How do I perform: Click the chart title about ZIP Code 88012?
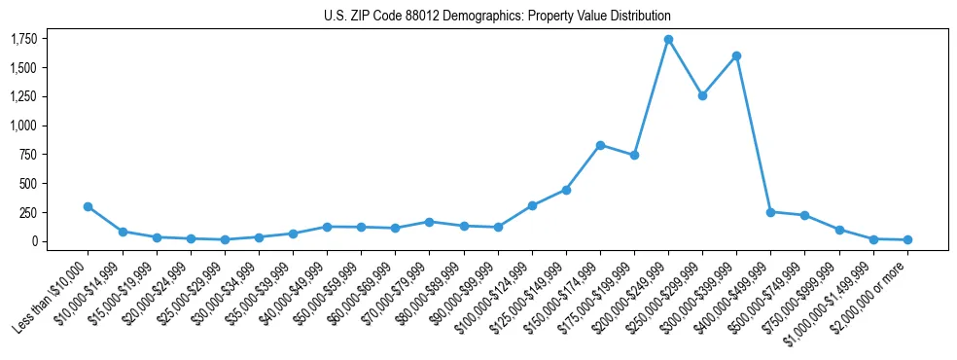497,17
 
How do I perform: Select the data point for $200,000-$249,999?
668,40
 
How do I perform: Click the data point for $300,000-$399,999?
736,55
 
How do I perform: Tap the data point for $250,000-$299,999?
702,95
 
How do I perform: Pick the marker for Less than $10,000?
88,206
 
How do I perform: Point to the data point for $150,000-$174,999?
600,145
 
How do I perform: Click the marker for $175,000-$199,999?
634,155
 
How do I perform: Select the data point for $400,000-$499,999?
770,211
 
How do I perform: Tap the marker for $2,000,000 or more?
907,239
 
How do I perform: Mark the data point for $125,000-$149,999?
566,190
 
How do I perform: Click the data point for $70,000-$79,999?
429,222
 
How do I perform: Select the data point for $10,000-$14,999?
122,232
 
